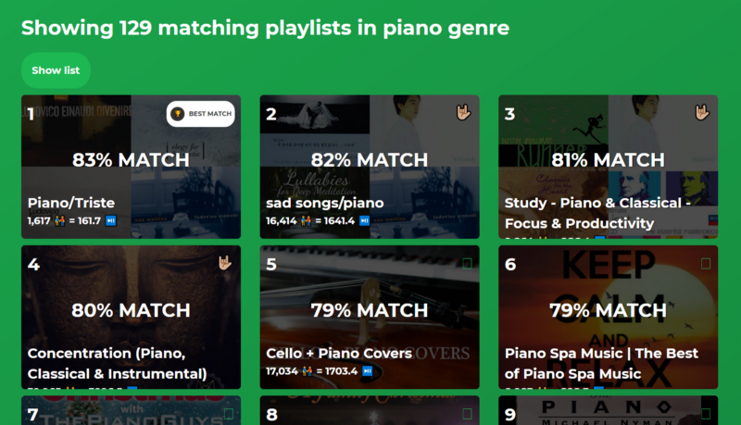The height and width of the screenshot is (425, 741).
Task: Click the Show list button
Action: [x=56, y=70]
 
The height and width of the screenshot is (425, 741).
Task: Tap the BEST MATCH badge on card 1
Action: [x=200, y=114]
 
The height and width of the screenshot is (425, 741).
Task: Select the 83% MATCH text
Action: [x=131, y=160]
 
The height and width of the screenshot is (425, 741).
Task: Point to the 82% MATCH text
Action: [x=370, y=160]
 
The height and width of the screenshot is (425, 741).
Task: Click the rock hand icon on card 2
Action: [x=465, y=113]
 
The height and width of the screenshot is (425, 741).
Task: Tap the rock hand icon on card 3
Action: [x=704, y=113]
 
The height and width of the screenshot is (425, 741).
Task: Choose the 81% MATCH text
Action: [x=609, y=160]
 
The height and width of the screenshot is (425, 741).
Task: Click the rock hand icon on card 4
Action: [x=226, y=263]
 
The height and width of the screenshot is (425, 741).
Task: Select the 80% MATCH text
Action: [x=131, y=309]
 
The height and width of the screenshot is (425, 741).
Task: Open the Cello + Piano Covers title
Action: [x=339, y=353]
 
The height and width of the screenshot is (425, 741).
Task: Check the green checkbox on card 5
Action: [x=467, y=264]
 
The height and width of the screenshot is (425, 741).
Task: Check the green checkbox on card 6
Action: [x=706, y=264]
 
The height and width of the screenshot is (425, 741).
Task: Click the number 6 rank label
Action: [x=510, y=265]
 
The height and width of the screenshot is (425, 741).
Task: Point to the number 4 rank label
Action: [x=33, y=265]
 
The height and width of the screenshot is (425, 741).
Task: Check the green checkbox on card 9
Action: [x=706, y=414]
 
